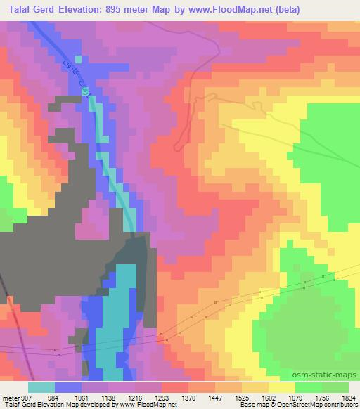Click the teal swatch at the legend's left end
click(x=41, y=388)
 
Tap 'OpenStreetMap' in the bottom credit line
click(x=303, y=405)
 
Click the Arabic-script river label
click(x=77, y=77)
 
